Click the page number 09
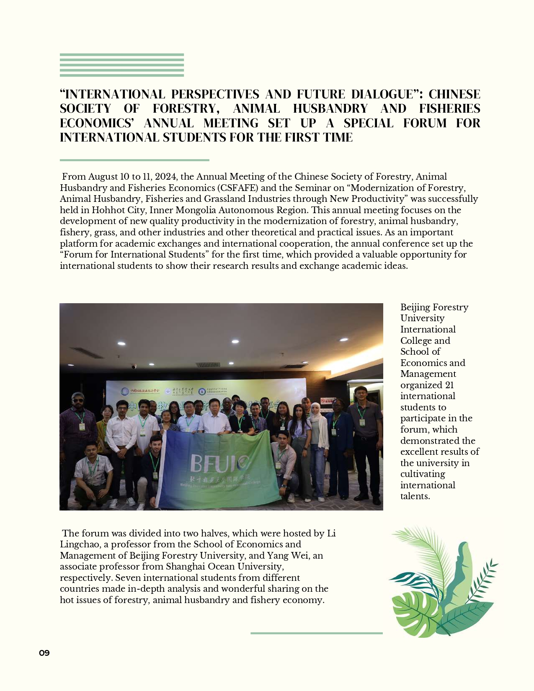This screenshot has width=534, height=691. click(x=44, y=653)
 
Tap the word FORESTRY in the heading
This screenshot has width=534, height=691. click(x=186, y=109)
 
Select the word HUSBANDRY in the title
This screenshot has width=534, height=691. click(x=330, y=109)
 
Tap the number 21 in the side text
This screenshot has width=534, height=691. click(x=449, y=385)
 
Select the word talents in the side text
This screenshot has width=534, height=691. click(x=415, y=496)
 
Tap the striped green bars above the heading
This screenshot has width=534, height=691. click(x=122, y=65)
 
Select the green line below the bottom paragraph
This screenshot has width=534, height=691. click(x=316, y=633)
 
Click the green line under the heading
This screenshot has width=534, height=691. click(x=134, y=160)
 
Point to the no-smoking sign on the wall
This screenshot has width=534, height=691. click(x=328, y=401)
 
